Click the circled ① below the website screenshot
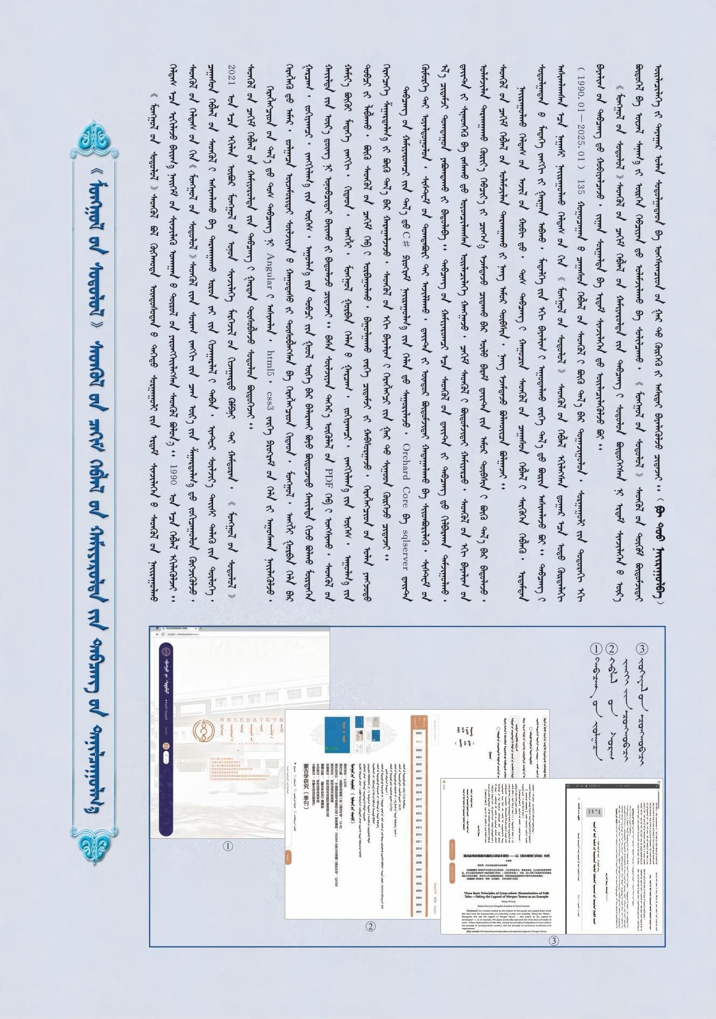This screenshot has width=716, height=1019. tap(228, 846)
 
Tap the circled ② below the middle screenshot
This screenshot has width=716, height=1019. tap(370, 926)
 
